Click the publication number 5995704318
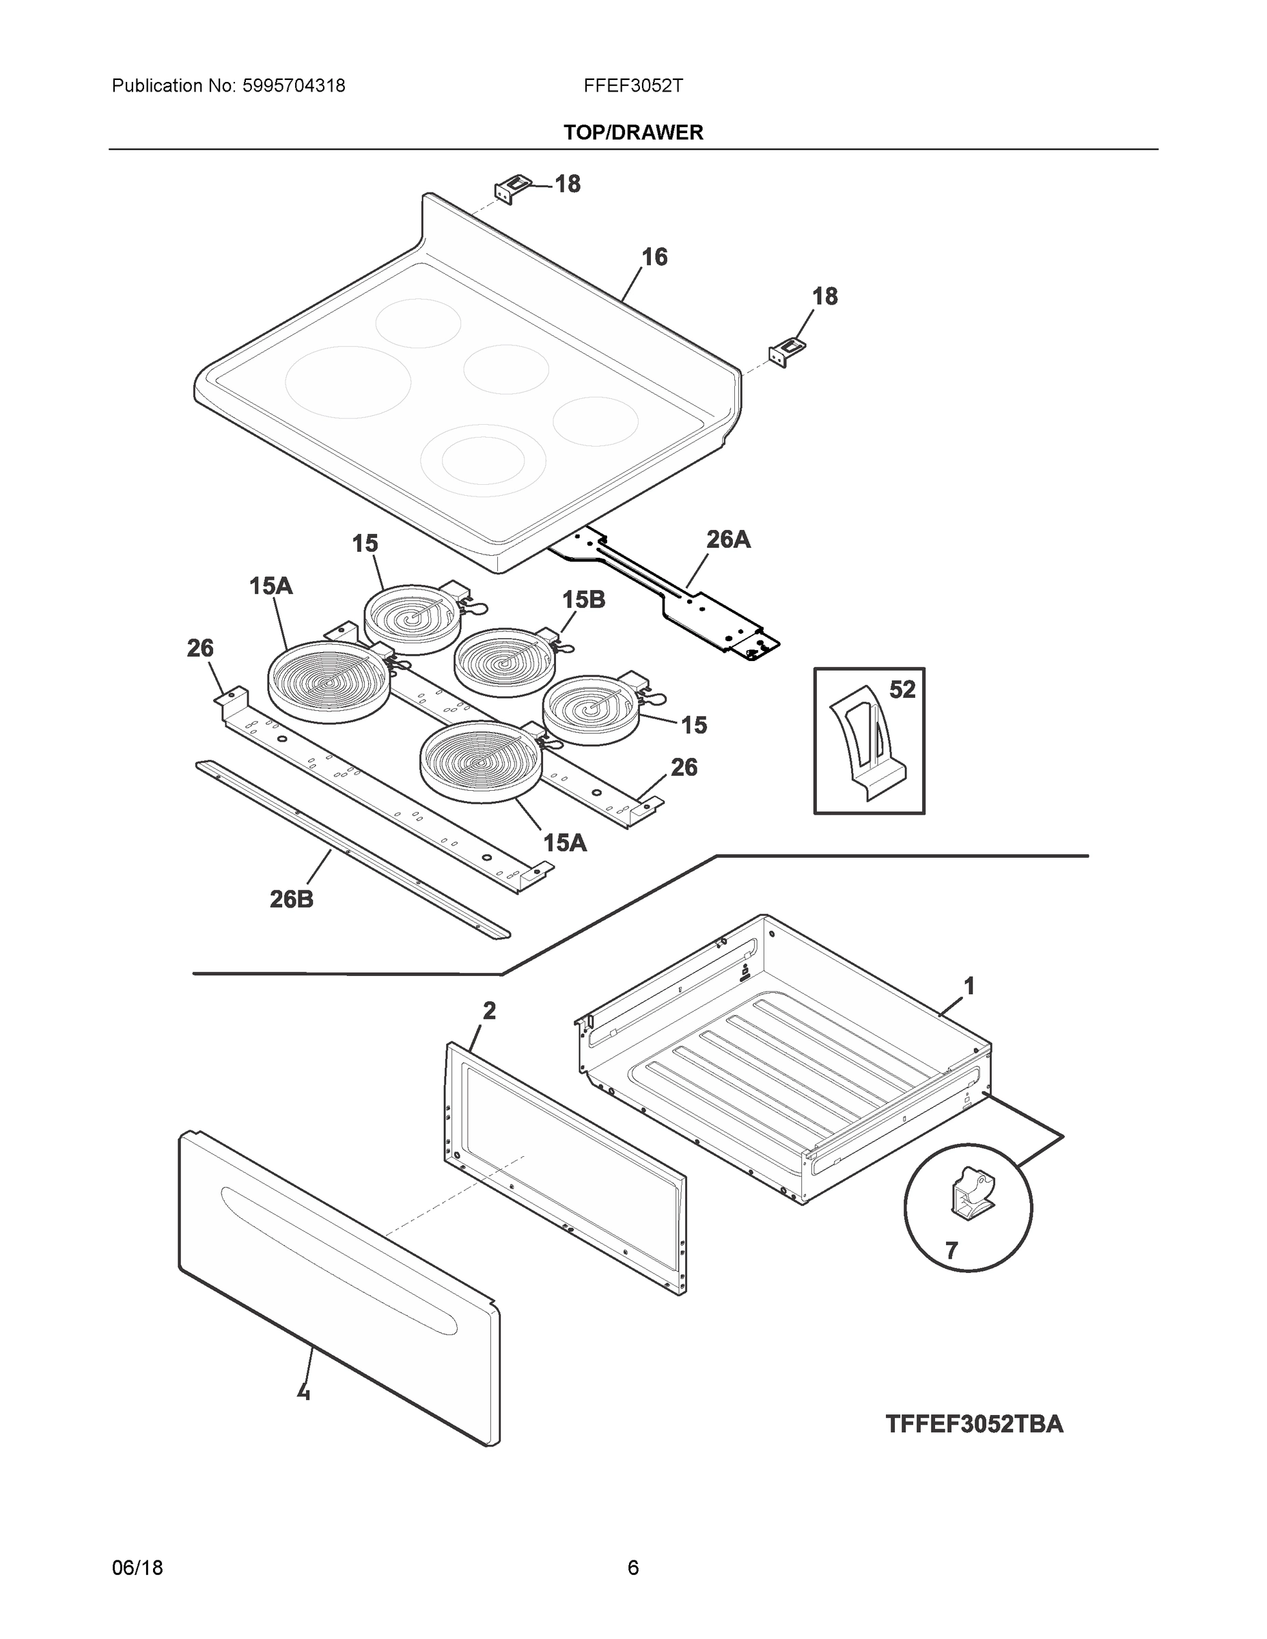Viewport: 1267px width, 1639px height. coord(294,86)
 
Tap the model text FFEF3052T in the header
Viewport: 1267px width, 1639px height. coord(632,86)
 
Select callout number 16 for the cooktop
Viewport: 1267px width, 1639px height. coord(654,257)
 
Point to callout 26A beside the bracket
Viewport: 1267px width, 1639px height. coord(727,539)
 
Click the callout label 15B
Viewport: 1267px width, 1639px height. coord(583,599)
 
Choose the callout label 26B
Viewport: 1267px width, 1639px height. coord(291,898)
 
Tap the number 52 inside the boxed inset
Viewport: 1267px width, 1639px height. coord(902,689)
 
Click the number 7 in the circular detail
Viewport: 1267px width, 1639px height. coord(951,1250)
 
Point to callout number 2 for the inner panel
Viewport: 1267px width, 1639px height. coord(488,1011)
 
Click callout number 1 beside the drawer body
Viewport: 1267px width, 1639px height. coord(969,985)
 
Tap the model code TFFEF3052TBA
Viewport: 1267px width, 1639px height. coord(973,1424)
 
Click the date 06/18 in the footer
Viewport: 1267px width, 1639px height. coord(137,1567)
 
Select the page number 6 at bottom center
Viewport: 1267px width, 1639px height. coord(632,1567)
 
